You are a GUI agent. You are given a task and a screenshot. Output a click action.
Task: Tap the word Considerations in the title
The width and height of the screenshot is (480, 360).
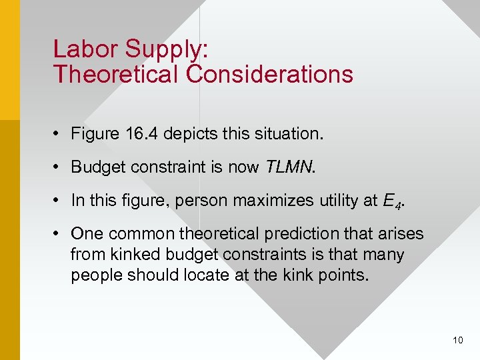tap(270, 74)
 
